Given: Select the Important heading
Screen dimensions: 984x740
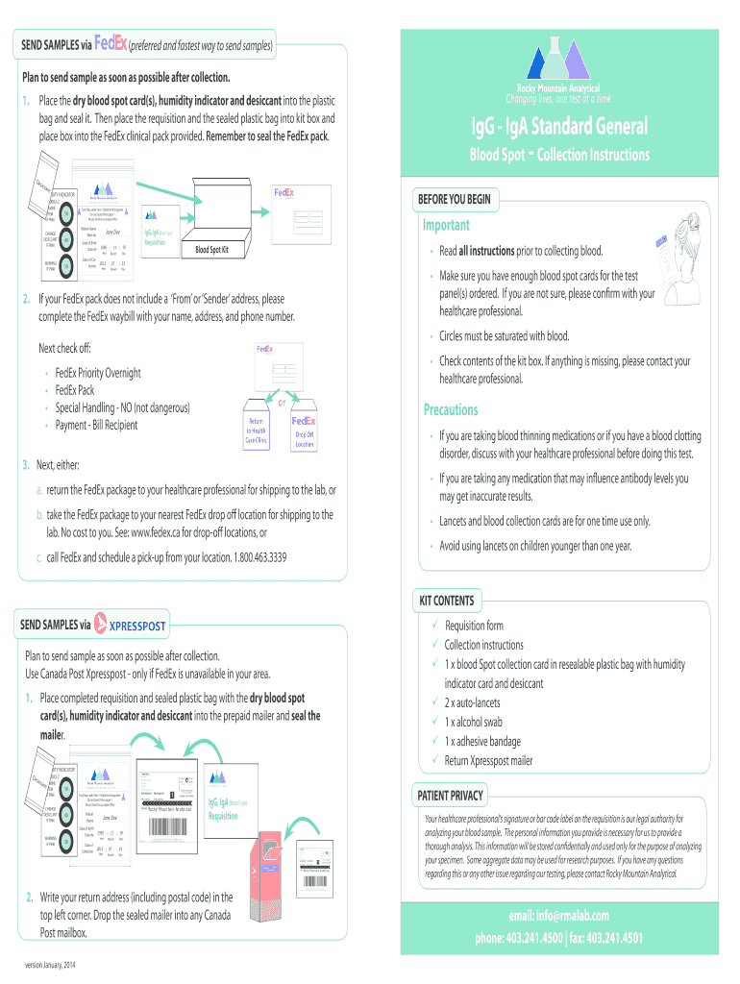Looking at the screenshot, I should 446,225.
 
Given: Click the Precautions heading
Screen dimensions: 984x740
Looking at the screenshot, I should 451,410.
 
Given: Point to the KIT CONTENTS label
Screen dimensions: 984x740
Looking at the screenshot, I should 446,602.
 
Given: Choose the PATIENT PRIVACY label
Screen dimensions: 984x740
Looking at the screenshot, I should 450,797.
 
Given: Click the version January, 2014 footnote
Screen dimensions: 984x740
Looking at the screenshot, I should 56,966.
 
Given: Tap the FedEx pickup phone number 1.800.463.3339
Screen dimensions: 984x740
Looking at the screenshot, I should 251,557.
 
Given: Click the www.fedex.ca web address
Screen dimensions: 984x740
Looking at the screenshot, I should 158,531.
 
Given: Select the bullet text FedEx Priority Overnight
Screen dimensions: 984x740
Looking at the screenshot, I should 98,373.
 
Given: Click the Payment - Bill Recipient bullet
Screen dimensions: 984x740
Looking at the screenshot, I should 96,425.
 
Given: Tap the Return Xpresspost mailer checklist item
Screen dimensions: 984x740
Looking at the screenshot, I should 488,761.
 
